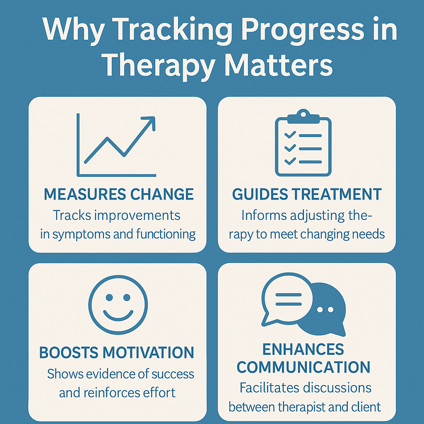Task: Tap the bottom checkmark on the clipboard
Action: pyautogui.click(x=289, y=160)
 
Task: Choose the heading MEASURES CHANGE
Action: pyautogui.click(x=118, y=195)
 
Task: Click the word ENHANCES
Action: pyautogui.click(x=303, y=349)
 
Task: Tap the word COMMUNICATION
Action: pyautogui.click(x=304, y=367)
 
